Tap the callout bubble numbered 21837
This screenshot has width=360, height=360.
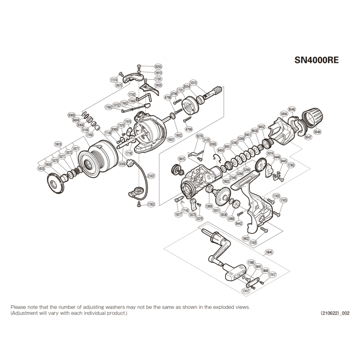(151, 176)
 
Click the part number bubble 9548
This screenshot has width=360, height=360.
(318, 132)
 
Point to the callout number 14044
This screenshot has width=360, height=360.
(283, 114)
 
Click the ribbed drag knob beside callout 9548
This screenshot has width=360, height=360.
(312, 117)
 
